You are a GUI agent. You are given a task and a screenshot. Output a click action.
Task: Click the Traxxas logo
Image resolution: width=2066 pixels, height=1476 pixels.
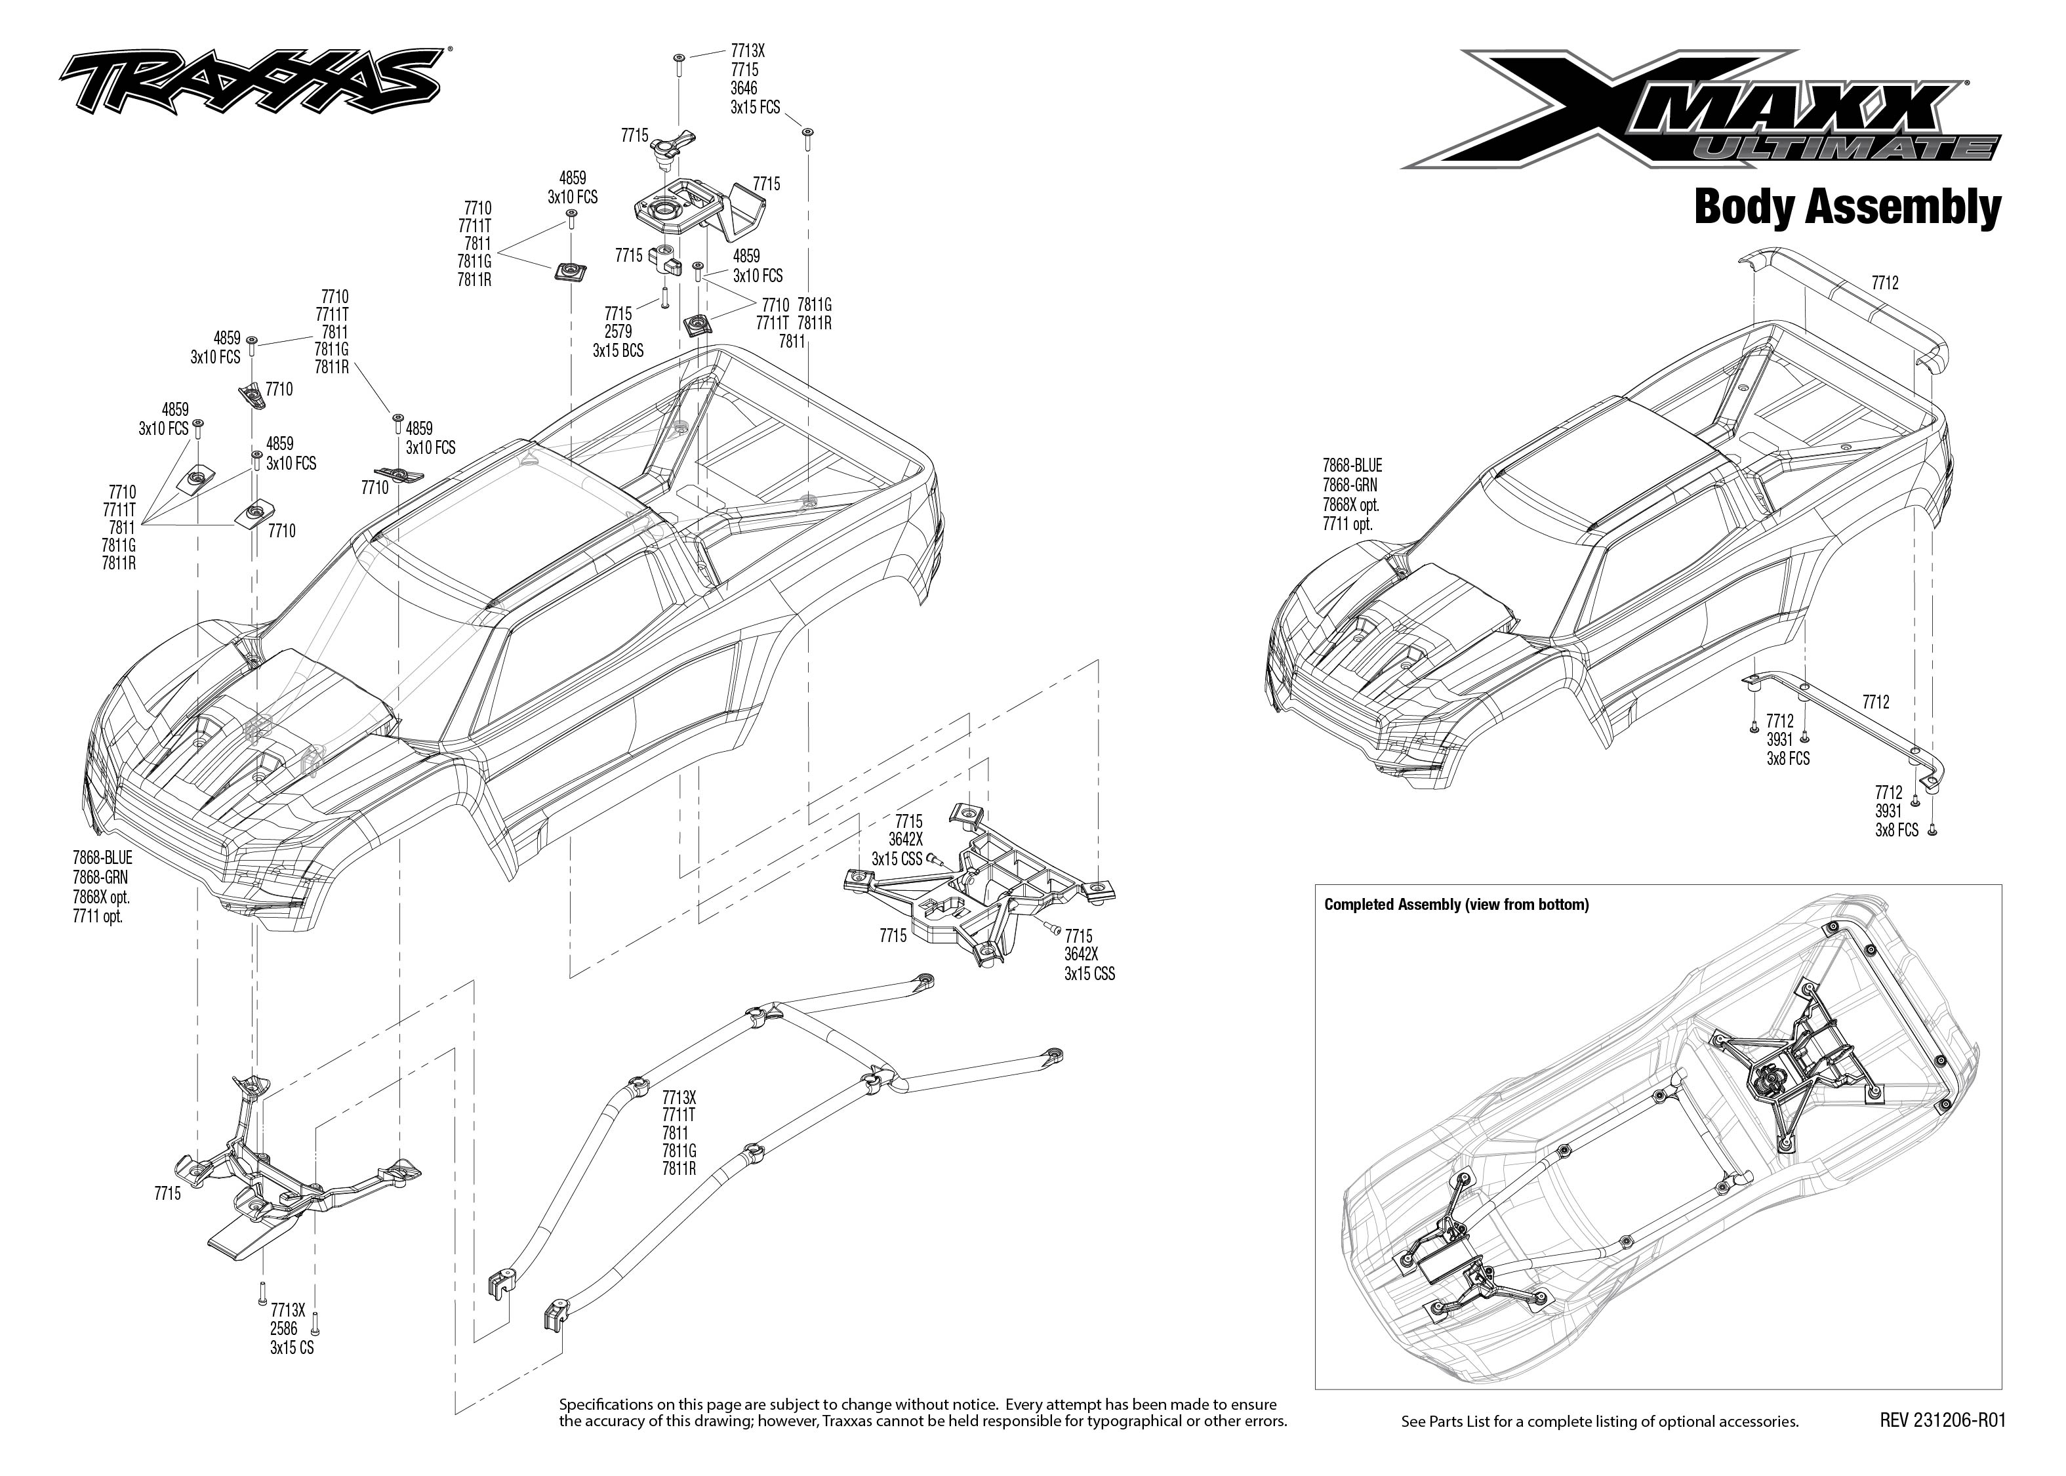click(x=250, y=83)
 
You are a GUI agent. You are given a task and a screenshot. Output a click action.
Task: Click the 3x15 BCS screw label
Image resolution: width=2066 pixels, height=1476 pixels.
click(x=618, y=351)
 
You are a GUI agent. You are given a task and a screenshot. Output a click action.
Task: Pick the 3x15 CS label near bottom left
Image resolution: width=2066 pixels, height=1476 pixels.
click(x=292, y=1348)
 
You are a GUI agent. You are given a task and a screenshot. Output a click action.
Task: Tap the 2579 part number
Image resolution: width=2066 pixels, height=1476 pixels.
click(x=618, y=333)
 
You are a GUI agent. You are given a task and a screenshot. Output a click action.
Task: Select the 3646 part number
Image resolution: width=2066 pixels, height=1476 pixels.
click(x=744, y=88)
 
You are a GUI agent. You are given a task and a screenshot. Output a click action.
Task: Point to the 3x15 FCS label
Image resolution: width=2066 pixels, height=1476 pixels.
click(x=755, y=107)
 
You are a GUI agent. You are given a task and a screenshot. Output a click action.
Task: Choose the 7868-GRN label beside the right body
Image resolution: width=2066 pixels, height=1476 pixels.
click(x=1349, y=486)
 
